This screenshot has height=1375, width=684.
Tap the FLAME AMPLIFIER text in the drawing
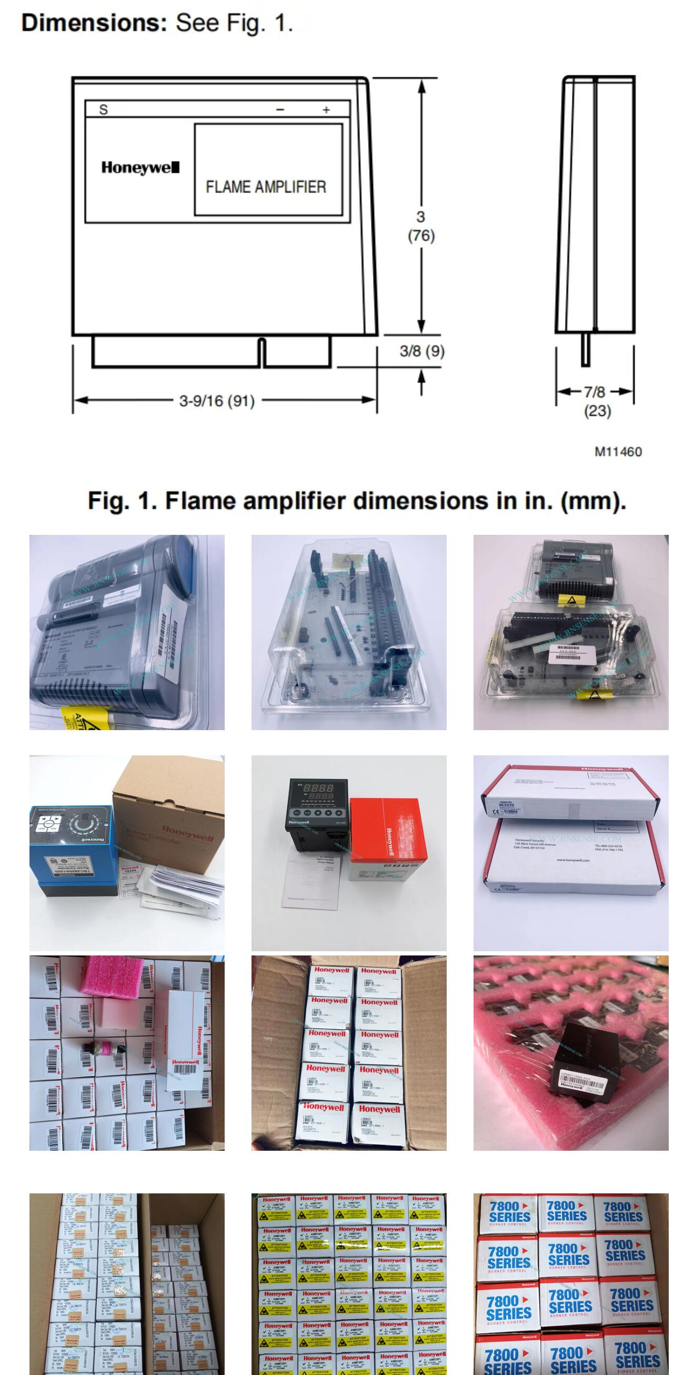[x=266, y=187]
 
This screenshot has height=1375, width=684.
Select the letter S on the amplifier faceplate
[x=104, y=109]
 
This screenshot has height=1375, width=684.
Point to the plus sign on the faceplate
[x=326, y=110]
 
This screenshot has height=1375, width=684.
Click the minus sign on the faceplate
[x=280, y=110]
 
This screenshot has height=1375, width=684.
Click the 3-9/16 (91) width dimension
[x=217, y=401]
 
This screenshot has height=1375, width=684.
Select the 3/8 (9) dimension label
[x=422, y=351]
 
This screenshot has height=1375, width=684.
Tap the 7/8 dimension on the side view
[x=595, y=392]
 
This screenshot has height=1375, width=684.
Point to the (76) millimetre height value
[x=421, y=235]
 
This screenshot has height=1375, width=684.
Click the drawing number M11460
[x=618, y=452]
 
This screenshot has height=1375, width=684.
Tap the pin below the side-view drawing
[x=585, y=349]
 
